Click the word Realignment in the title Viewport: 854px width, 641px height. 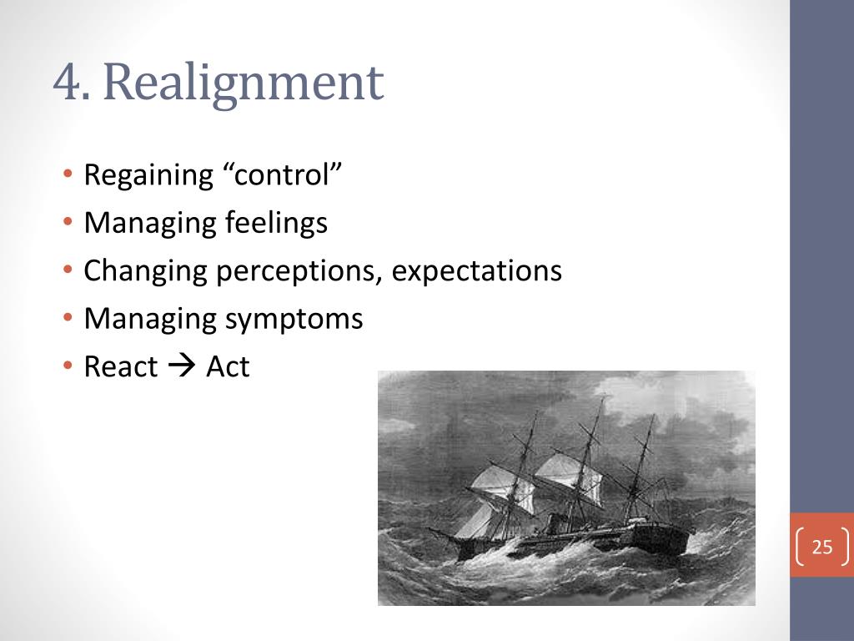(244, 84)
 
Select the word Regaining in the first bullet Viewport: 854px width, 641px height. (149, 176)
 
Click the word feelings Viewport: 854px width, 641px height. (276, 223)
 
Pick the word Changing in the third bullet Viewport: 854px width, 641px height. (143, 271)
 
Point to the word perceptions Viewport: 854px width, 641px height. (295, 271)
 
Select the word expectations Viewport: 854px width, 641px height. (477, 271)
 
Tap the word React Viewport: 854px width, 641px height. (121, 366)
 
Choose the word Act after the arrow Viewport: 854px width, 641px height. (228, 366)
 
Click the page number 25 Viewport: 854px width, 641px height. (822, 548)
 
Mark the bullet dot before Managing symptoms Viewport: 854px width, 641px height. (68, 320)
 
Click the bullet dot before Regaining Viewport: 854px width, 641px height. (68, 176)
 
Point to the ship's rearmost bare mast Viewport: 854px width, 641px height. (642, 467)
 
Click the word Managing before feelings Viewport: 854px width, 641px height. (151, 224)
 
